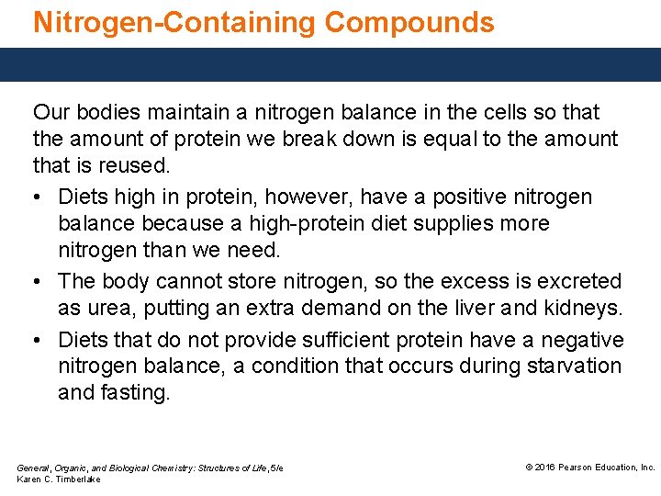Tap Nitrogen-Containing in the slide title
(174, 22)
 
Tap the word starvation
(574, 366)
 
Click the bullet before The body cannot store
(39, 282)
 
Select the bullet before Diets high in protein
(39, 197)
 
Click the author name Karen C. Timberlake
(59, 479)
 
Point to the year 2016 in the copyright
(547, 468)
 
